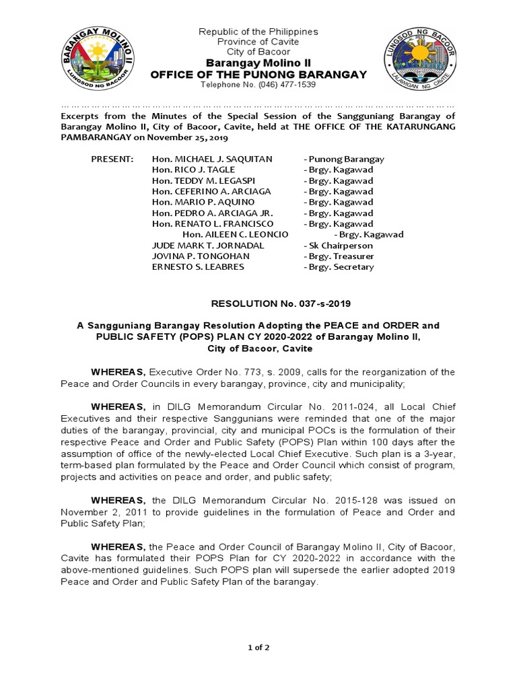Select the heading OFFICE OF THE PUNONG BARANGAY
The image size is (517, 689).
point(258,74)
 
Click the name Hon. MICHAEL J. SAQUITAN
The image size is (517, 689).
point(212,159)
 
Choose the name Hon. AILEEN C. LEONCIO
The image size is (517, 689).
point(236,234)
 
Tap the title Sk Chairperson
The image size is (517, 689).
point(339,246)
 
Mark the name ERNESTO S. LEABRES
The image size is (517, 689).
point(198,267)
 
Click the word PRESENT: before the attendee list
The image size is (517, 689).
point(112,159)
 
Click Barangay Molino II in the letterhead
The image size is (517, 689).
point(258,63)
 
